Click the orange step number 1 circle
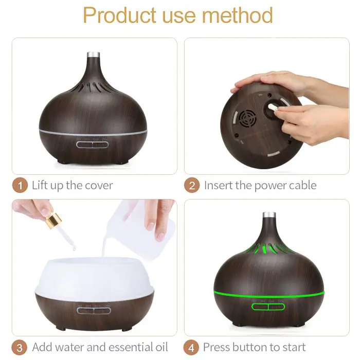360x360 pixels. coord(20,185)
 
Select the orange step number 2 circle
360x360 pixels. coord(192,185)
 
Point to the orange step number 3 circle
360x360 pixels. coord(20,347)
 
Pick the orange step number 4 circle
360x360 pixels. coord(192,347)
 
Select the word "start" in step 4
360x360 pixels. coord(290,347)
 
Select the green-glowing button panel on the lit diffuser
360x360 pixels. coord(268,307)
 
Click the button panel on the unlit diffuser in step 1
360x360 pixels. coord(93,145)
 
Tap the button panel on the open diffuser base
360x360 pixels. coord(93,310)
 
